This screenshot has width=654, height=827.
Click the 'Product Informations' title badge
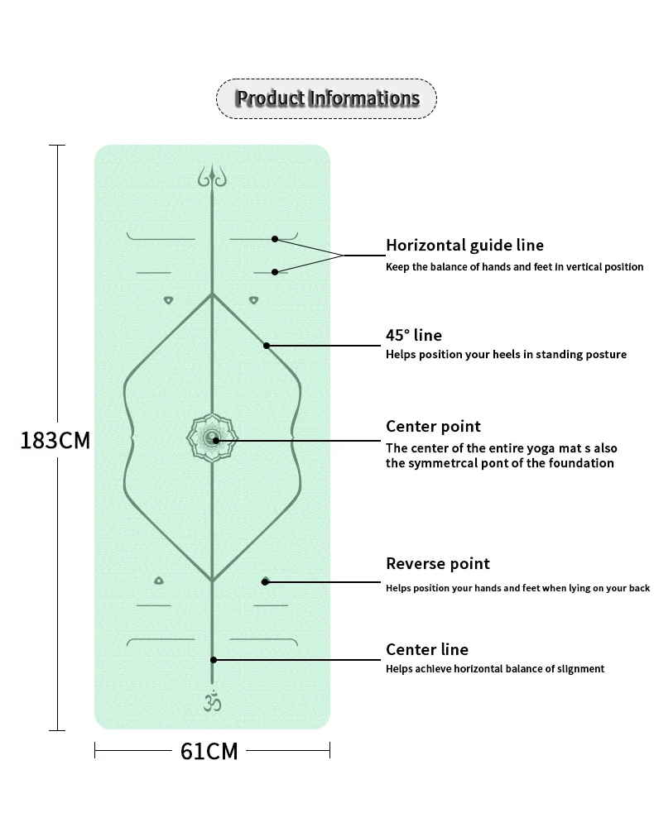pos(326,98)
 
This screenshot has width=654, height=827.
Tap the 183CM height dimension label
pos(55,440)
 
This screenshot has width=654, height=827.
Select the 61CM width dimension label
pos(209,751)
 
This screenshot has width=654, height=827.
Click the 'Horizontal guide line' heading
pos(464,245)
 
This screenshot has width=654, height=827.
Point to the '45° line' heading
pos(414,335)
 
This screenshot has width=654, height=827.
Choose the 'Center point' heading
pos(433,426)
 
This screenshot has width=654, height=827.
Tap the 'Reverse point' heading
pos(438,563)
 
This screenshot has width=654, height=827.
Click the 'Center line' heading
pos(427,649)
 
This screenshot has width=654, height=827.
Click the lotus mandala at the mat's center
pos(212,439)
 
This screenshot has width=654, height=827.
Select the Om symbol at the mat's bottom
pos(212,701)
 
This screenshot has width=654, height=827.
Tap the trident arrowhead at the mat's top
pos(212,176)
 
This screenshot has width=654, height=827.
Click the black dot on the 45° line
pos(267,346)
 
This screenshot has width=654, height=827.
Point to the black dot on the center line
pos(214,659)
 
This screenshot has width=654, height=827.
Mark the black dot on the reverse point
pos(265,581)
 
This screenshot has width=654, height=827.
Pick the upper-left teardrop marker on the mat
pos(168,300)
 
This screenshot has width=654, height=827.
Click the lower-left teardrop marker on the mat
pos(159,581)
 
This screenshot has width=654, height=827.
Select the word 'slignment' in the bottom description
pos(579,669)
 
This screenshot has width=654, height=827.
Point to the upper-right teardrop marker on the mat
pos(253,300)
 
